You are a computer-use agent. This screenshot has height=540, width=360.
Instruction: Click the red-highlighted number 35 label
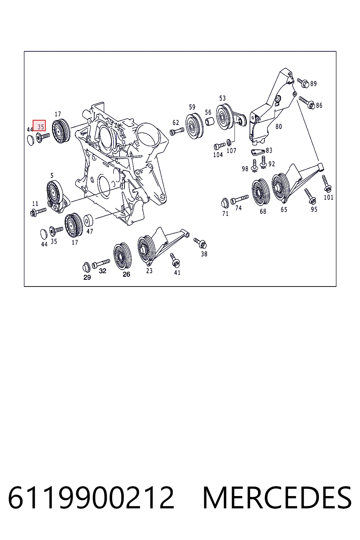[41, 127]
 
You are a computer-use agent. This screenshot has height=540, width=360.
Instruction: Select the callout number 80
[278, 127]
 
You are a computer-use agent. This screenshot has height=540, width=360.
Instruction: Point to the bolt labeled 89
[303, 83]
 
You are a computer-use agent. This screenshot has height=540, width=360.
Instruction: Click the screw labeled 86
[307, 103]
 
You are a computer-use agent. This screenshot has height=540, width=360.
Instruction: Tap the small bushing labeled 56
[210, 121]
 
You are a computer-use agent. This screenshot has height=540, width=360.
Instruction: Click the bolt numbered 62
[177, 131]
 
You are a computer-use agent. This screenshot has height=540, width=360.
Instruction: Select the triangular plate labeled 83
[258, 152]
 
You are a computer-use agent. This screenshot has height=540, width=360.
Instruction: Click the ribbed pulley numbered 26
[122, 256]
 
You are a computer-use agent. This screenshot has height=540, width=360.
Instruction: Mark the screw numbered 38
[200, 243]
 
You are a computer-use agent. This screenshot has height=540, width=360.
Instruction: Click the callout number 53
[222, 98]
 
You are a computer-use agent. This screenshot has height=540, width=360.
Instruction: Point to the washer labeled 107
[229, 142]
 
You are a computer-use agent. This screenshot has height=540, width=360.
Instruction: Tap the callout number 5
[52, 175]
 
